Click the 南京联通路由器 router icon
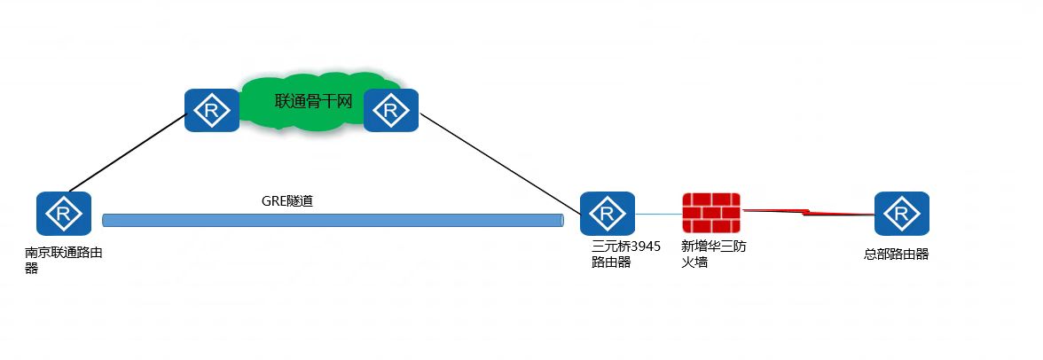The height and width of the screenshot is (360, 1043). click(64, 214)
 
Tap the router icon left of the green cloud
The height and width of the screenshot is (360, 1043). click(212, 111)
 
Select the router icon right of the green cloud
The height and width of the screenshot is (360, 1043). click(390, 111)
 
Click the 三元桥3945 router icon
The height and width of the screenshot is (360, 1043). click(608, 214)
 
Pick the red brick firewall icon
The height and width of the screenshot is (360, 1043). click(711, 214)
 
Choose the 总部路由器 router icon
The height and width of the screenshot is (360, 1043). click(901, 214)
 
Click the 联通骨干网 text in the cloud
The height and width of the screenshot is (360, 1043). click(314, 102)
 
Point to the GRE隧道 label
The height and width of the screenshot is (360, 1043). click(286, 201)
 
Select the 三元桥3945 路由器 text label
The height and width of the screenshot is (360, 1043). click(625, 254)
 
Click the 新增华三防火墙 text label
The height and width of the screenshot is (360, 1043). click(713, 254)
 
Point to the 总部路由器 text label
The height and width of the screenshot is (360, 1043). click(896, 254)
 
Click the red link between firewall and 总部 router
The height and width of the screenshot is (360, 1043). click(807, 213)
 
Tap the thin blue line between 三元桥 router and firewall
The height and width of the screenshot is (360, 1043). click(658, 214)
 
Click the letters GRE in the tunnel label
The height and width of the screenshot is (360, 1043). click(273, 201)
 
